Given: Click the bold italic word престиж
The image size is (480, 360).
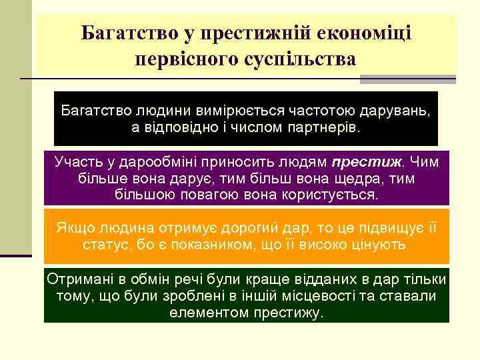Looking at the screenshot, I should tap(367, 162).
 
